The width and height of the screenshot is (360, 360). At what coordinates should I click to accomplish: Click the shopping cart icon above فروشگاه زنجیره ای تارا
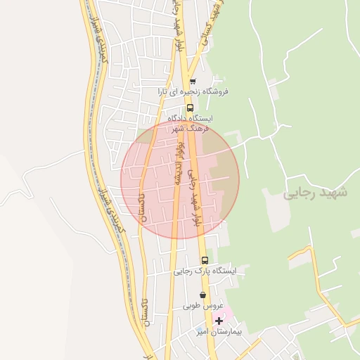pos(193,81)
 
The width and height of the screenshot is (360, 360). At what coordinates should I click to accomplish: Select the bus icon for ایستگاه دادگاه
pos(191,108)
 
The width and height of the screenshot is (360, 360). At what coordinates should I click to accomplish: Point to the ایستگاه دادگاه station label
pos(190,119)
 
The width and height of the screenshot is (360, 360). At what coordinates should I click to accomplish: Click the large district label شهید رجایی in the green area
pos(316,193)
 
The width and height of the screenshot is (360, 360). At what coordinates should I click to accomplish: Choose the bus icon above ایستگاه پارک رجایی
pos(205,260)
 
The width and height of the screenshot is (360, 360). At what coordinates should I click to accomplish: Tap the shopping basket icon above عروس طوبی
pos(203,295)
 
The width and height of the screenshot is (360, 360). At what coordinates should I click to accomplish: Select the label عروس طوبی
pos(203,306)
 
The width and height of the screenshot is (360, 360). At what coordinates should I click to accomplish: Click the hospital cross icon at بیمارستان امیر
pos(219,321)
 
